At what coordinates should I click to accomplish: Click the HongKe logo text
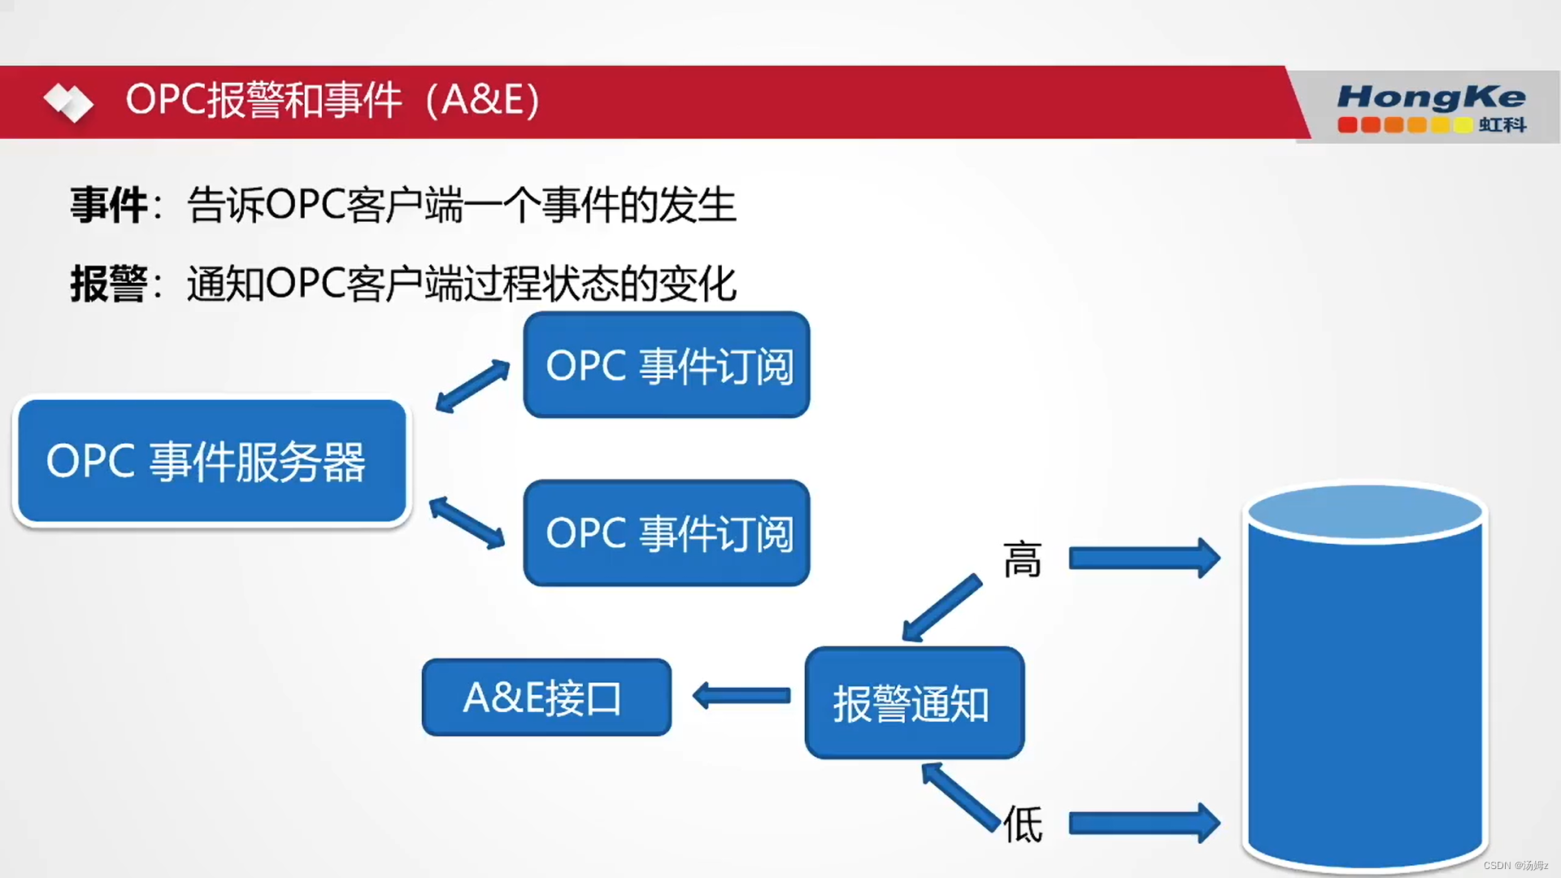pyautogui.click(x=1431, y=97)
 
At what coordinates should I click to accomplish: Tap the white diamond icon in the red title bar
pyautogui.click(x=68, y=102)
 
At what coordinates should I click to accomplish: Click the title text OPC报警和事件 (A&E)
pyautogui.click(x=333, y=100)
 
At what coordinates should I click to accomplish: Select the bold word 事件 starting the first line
pyautogui.click(x=108, y=205)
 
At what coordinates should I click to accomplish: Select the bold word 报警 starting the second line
pyautogui.click(x=108, y=284)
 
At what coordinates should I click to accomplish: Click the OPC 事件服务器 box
pyautogui.click(x=211, y=461)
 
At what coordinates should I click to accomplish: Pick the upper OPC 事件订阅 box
pyautogui.click(x=667, y=365)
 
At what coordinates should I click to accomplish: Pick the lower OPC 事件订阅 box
pyautogui.click(x=667, y=533)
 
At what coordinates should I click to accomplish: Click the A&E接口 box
pyautogui.click(x=546, y=698)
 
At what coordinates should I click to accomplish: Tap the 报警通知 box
pyautogui.click(x=914, y=703)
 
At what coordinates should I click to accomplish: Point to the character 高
pyautogui.click(x=1022, y=560)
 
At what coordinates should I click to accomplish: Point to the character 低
pyautogui.click(x=1023, y=824)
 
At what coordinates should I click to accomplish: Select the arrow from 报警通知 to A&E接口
pyautogui.click(x=741, y=696)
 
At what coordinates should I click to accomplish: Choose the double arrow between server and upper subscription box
pyautogui.click(x=472, y=386)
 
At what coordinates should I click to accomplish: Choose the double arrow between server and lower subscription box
pyautogui.click(x=467, y=523)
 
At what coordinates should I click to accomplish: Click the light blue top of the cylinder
pyautogui.click(x=1365, y=512)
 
